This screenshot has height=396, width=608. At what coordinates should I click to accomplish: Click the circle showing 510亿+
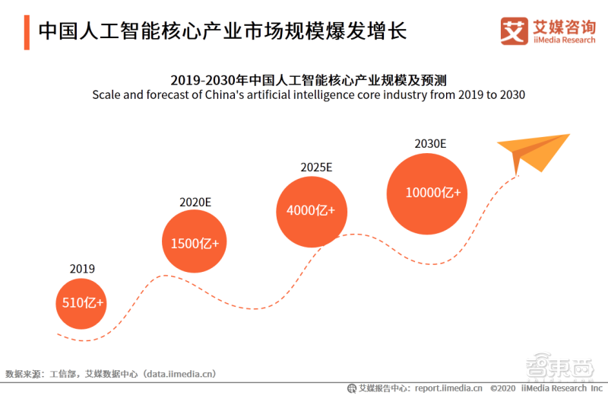click(x=82, y=302)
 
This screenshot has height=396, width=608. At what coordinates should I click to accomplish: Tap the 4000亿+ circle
click(x=310, y=211)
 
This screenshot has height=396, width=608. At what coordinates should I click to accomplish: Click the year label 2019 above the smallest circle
click(x=82, y=268)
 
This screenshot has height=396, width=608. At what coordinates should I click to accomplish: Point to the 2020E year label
click(x=195, y=202)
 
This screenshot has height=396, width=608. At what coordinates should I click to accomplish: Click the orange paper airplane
click(x=532, y=152)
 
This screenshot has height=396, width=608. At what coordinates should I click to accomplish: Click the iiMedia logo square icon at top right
click(x=515, y=30)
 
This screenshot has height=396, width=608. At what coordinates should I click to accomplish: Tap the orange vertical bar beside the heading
click(x=27, y=31)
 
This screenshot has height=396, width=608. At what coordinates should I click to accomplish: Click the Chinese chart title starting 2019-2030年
click(x=308, y=79)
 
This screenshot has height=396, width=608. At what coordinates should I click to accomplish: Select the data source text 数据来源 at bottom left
click(x=23, y=374)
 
